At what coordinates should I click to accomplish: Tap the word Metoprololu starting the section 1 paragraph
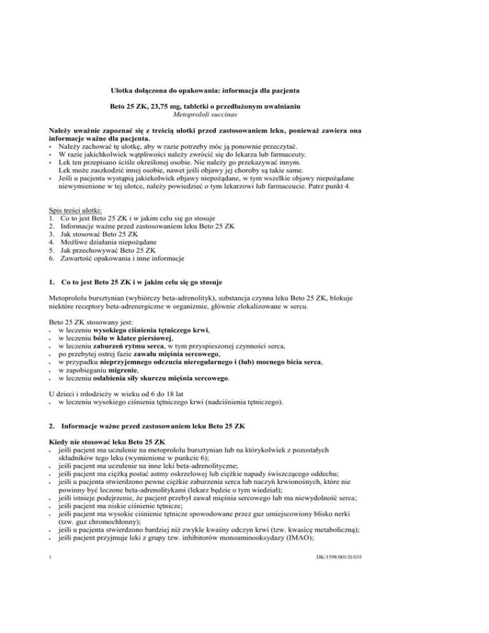[x=73, y=289]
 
